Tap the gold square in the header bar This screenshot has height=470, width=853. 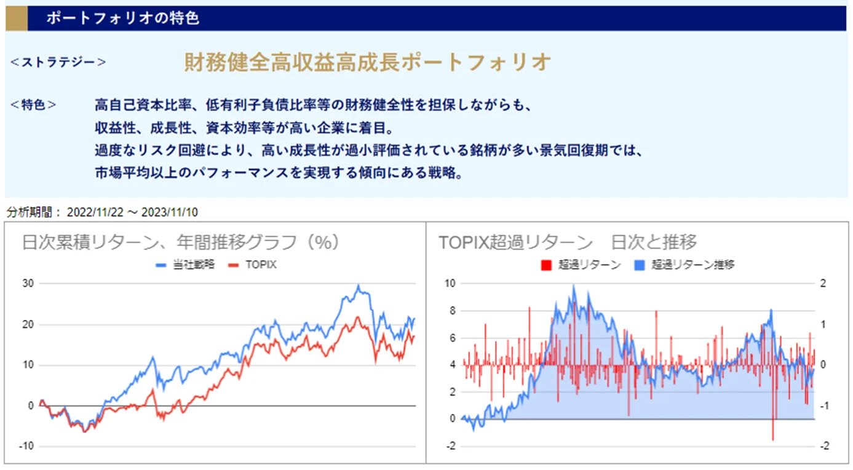click(17, 18)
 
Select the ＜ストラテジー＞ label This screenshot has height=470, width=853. click(58, 62)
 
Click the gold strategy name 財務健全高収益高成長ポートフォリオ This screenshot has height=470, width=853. click(367, 62)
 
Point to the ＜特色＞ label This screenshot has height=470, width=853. click(34, 105)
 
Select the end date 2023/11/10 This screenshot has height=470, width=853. click(170, 212)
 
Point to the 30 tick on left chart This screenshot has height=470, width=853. click(28, 284)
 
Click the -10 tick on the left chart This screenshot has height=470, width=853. click(26, 447)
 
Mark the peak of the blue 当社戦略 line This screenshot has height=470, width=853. click(359, 285)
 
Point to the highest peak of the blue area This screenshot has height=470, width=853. click(573, 285)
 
